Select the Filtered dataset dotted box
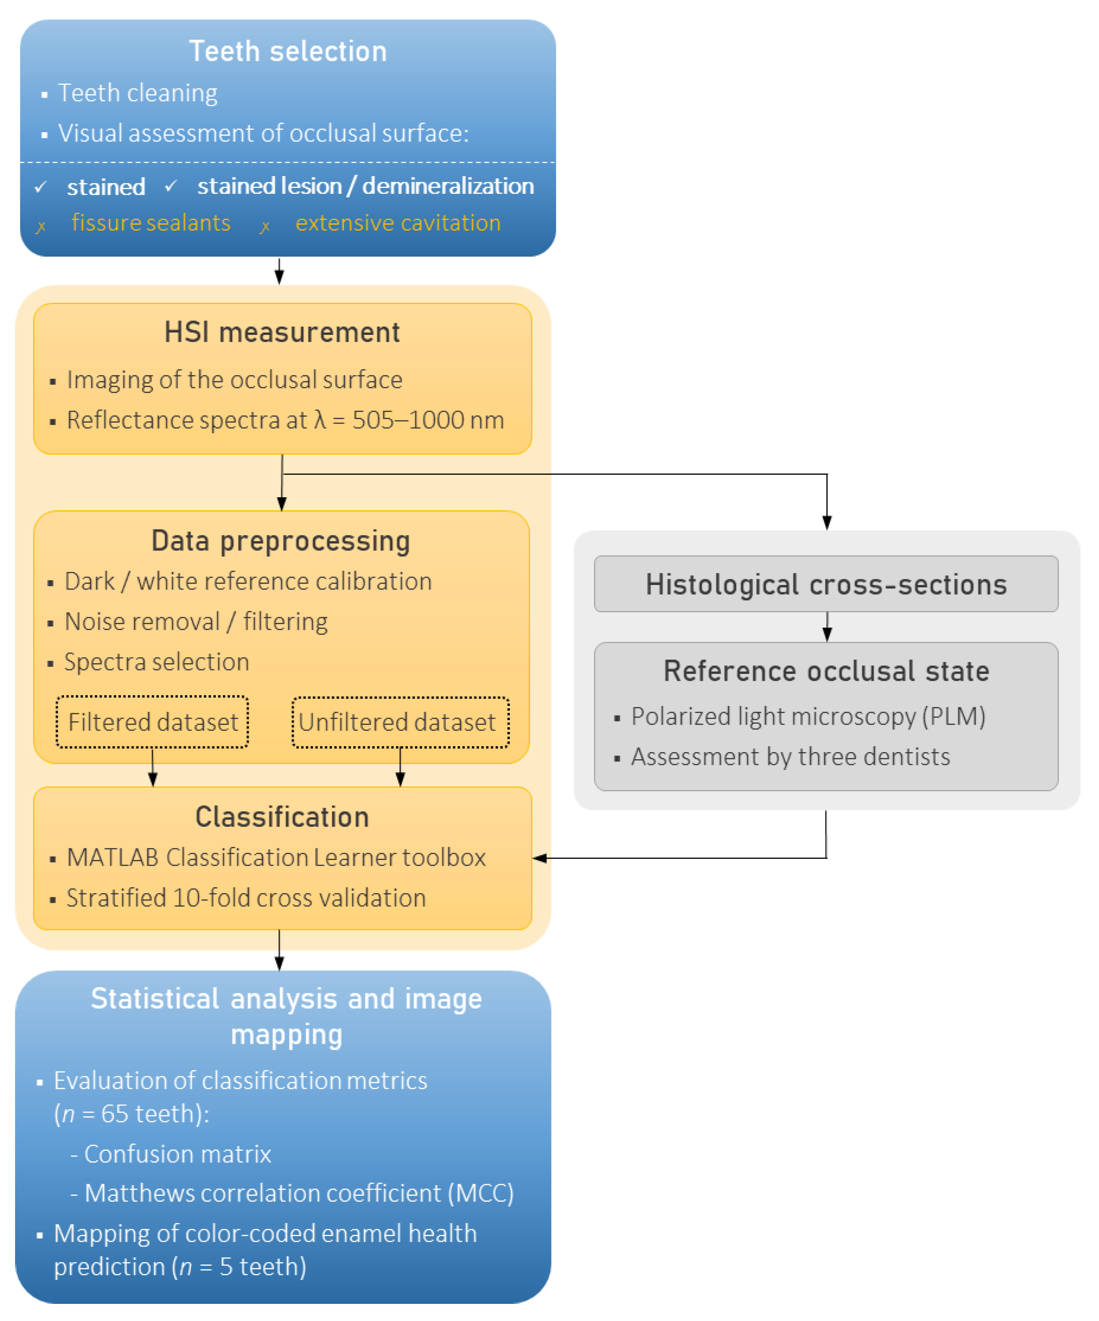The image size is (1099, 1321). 152,722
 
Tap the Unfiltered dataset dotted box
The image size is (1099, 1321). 400,722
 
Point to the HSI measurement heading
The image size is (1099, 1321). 282,332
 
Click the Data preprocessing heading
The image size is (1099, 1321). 281,540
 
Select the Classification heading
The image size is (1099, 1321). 282,817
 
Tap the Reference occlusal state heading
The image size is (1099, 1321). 826,671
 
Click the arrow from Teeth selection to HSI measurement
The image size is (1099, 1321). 279,272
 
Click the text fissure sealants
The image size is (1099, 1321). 151,223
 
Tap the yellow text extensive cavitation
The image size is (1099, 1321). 398,223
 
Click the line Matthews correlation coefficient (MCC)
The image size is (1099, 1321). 299,1193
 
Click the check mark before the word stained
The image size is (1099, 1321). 41,187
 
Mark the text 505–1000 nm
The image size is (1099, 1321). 428,420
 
